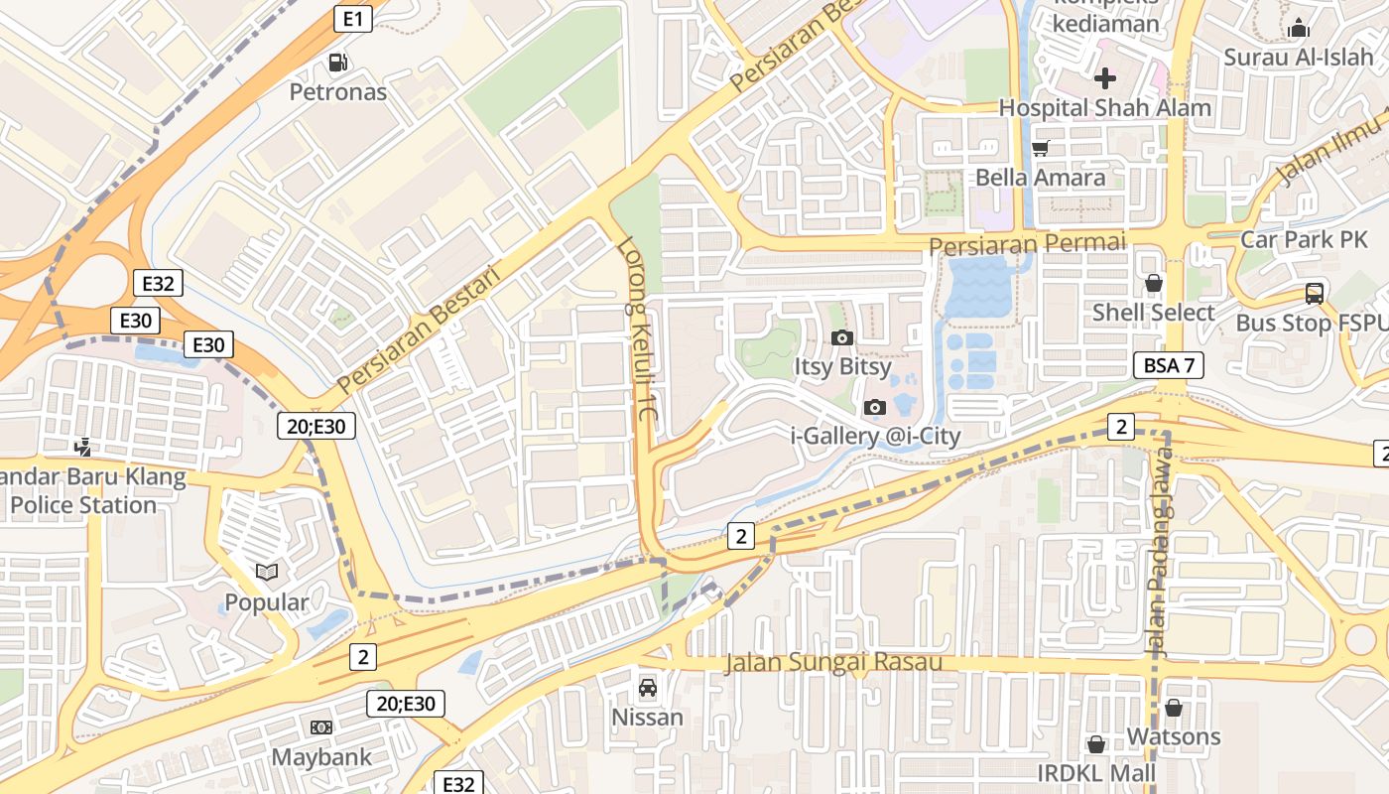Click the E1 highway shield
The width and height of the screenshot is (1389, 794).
click(x=353, y=18)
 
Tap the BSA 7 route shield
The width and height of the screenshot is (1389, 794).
click(x=1168, y=365)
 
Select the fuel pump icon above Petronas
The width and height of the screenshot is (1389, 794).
click(x=338, y=63)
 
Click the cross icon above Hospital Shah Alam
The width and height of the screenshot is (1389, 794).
click(x=1104, y=77)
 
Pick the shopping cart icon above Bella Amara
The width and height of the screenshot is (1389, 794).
click(x=1040, y=148)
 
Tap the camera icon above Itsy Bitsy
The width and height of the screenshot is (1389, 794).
click(x=841, y=337)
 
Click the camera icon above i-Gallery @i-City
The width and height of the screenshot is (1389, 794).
click(x=874, y=407)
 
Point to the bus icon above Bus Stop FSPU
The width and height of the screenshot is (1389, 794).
click(x=1315, y=294)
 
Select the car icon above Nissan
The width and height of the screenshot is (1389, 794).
click(x=647, y=687)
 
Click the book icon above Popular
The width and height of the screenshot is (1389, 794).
click(x=266, y=572)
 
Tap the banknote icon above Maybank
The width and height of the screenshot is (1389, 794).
click(x=320, y=728)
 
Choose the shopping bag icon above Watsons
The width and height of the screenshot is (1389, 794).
click(x=1173, y=708)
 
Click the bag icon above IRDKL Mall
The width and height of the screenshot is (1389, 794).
click(x=1096, y=743)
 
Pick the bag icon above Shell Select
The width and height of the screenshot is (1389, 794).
click(x=1153, y=283)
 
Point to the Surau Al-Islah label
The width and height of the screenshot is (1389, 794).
click(x=1298, y=57)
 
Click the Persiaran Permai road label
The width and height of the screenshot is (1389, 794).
click(x=1027, y=243)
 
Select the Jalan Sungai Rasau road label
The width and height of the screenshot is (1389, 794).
click(x=833, y=662)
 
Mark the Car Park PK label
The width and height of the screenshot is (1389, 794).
click(x=1304, y=239)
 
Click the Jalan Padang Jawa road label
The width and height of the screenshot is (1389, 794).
click(x=1159, y=551)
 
